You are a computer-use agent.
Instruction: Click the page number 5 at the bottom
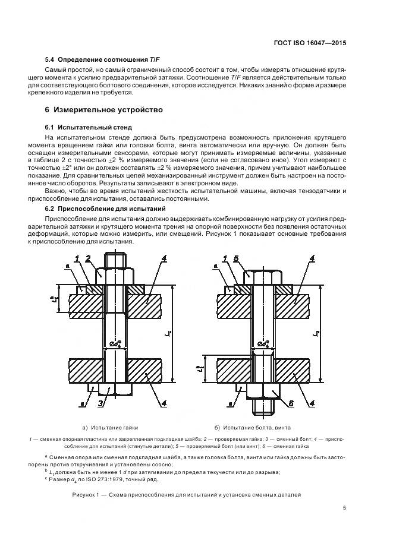[345, 507]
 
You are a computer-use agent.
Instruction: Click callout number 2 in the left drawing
[87, 258]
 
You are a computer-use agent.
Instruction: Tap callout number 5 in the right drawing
[236, 258]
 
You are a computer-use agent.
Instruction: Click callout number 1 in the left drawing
[77, 258]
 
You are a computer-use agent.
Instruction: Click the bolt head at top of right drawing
[263, 277]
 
